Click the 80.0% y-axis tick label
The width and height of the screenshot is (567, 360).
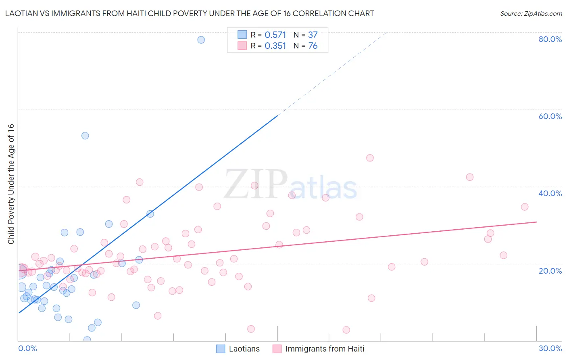[550, 39]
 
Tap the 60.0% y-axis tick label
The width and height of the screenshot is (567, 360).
[550, 116]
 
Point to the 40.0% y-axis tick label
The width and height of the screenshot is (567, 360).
[550, 193]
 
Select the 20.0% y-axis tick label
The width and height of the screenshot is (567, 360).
[550, 270]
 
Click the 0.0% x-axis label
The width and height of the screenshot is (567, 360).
[27, 348]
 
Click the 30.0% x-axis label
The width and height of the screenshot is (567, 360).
[550, 348]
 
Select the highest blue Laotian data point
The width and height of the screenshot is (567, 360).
[201, 40]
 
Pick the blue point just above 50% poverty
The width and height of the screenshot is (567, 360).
[85, 136]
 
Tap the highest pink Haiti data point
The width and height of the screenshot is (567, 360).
[370, 158]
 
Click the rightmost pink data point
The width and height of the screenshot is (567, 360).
[525, 207]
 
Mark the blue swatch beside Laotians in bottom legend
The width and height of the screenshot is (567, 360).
[221, 349]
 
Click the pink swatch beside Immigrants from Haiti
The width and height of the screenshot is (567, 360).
[277, 349]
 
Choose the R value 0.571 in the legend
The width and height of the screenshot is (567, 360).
[275, 35]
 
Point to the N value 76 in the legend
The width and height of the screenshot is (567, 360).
[313, 46]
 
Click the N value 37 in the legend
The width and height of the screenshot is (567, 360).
[313, 35]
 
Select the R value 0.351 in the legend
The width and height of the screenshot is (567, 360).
[275, 46]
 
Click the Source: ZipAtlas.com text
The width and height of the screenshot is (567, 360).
[531, 14]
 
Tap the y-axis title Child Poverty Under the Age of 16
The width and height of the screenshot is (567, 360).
[11, 184]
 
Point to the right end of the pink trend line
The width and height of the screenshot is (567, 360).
[536, 222]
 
